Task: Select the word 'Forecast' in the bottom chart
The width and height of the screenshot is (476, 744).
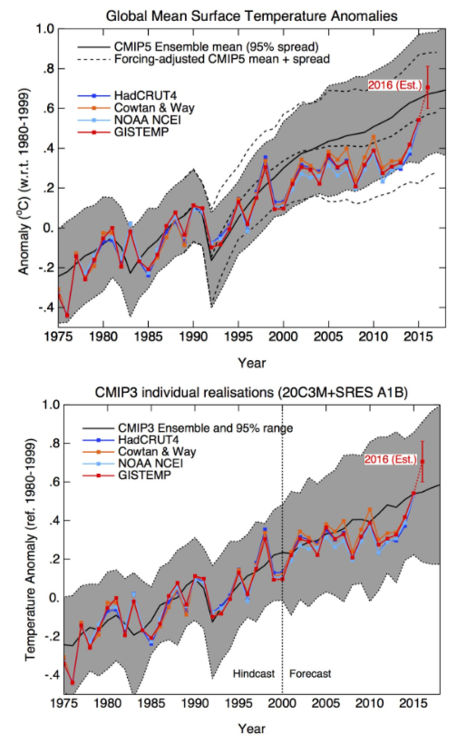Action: pyautogui.click(x=310, y=673)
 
